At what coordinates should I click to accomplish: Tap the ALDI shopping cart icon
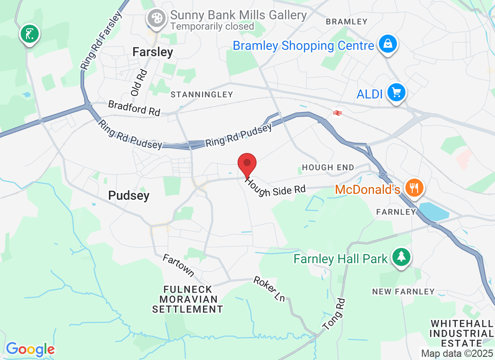click(396, 93)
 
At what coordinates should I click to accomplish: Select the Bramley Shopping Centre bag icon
click(387, 45)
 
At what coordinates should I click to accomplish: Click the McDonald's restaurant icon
click(413, 187)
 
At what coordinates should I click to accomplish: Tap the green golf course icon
click(30, 34)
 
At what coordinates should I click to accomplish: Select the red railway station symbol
click(337, 112)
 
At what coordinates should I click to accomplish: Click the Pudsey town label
click(129, 196)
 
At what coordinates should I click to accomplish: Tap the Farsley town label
click(153, 52)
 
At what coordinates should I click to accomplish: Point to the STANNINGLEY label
click(202, 94)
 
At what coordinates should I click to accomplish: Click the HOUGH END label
click(328, 167)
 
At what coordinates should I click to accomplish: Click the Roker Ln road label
click(270, 288)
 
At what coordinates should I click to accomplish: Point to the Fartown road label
click(178, 266)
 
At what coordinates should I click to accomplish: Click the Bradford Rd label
click(134, 108)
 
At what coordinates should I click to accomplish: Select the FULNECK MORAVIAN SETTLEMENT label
click(187, 299)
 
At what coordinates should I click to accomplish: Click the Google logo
click(30, 349)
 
